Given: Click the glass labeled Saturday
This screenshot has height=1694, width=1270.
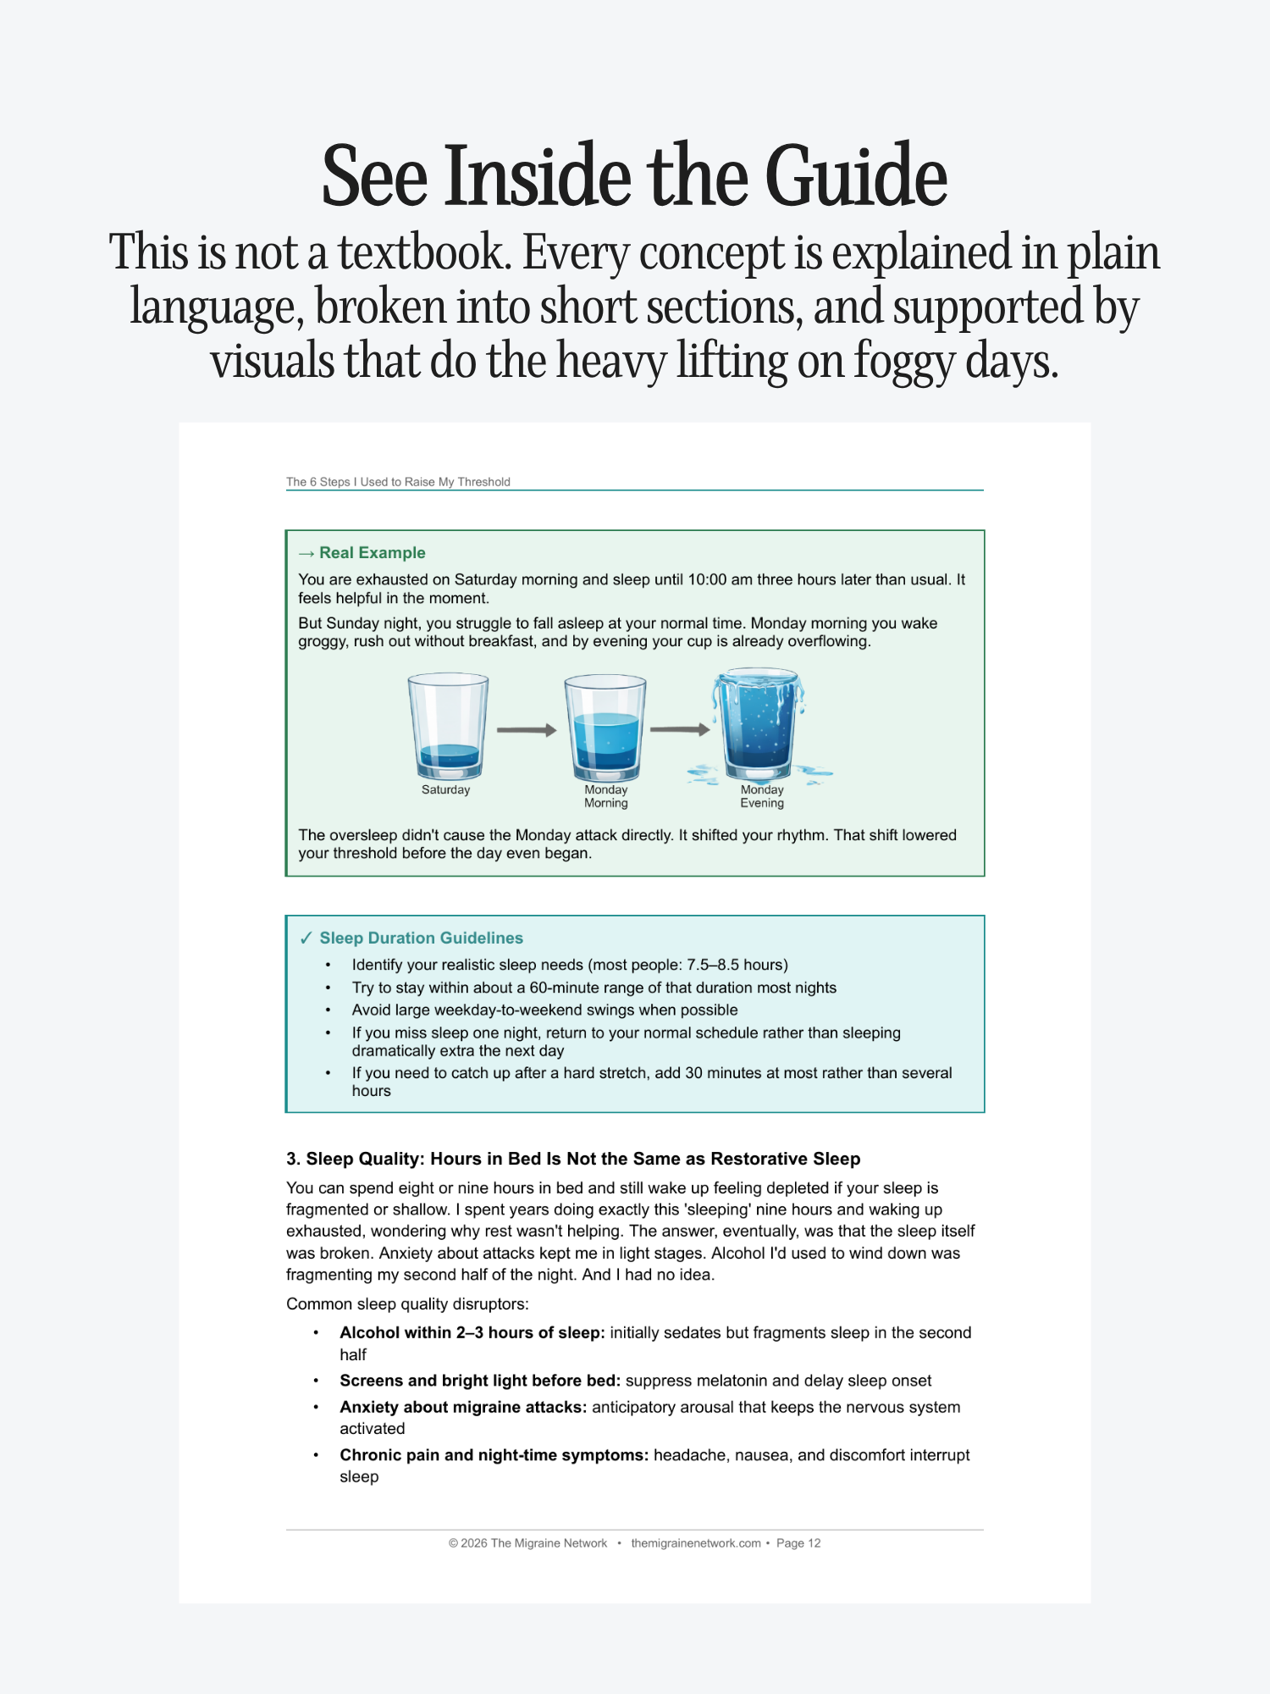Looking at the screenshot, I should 448,726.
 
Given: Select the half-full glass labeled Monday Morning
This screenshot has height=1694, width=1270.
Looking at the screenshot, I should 605,728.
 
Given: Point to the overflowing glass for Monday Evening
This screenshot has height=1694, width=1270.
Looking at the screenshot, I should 759,724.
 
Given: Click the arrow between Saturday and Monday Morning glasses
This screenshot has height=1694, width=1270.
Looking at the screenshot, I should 526,730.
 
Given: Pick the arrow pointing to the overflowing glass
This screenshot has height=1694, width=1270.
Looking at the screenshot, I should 680,729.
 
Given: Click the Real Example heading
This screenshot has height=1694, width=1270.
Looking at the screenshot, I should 372,553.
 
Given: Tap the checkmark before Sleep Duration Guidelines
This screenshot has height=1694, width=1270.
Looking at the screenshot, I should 306,938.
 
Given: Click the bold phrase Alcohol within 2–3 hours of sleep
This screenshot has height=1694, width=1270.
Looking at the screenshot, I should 472,1333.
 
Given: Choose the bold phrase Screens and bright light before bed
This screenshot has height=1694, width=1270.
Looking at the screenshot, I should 479,1381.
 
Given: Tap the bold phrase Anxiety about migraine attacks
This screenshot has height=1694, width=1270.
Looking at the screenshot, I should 462,1408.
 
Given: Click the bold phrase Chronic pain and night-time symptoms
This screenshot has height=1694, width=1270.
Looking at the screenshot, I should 494,1456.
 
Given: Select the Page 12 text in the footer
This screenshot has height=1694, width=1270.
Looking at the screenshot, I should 798,1543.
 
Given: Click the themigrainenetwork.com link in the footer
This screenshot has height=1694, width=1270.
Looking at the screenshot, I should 695,1543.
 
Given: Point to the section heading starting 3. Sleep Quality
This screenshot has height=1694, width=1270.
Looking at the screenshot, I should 572,1159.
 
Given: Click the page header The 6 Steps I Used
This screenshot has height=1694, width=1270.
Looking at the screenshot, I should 398,482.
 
